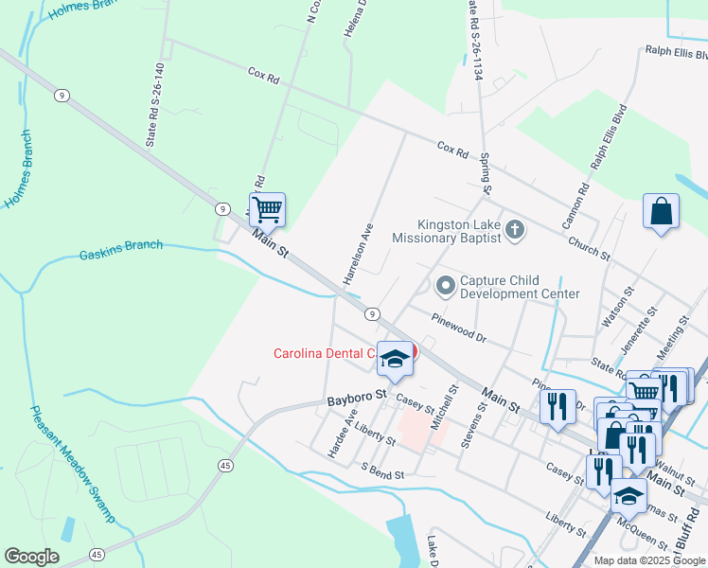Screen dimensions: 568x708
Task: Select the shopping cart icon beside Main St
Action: point(267,210)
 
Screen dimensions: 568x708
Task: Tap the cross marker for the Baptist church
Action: point(514,229)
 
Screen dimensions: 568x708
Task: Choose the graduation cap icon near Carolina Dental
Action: point(396,359)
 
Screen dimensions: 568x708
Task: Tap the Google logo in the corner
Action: point(31,557)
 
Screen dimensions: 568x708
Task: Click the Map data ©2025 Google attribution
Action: point(648,560)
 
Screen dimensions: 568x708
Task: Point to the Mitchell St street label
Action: point(440,408)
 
